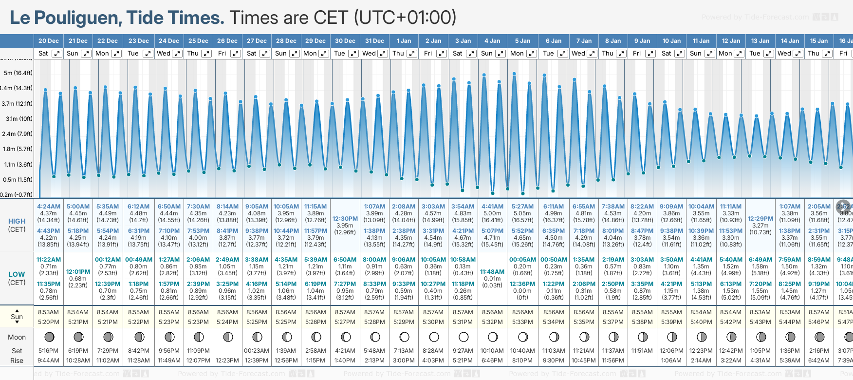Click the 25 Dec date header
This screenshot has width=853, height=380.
198,41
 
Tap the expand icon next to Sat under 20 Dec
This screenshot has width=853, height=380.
57,54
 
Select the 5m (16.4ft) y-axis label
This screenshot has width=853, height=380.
18,73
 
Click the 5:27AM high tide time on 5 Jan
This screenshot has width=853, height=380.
522,207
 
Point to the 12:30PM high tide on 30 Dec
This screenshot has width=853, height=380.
345,219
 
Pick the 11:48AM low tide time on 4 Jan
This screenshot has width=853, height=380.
492,272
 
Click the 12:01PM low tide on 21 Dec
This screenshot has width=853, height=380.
78,272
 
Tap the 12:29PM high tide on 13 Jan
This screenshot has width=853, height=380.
760,219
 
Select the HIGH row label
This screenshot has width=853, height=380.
17,221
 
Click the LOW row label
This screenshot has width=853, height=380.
17,274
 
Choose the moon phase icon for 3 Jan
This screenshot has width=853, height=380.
463,337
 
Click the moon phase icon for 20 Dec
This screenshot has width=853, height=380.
49,337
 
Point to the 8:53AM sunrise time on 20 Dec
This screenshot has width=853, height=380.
48,312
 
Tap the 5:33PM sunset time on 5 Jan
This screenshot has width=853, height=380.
522,322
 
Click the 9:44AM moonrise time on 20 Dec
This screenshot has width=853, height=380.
48,361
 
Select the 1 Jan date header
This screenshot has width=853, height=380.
404,41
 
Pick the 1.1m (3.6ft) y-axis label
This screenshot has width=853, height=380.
18,165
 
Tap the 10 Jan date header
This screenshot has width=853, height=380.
671,41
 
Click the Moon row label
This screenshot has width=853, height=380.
17,337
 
